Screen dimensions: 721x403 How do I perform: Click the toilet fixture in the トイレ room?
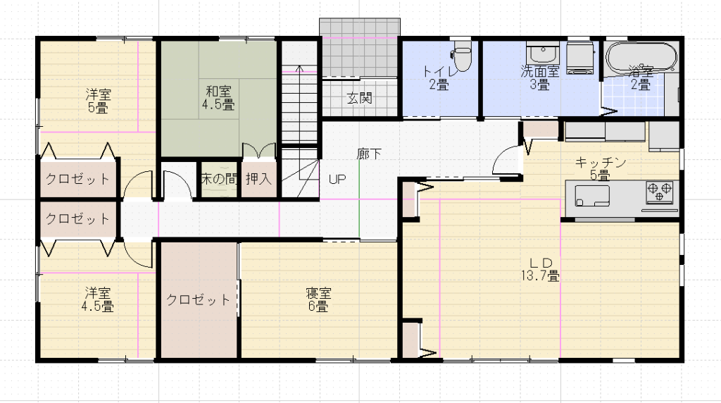tap(463, 56)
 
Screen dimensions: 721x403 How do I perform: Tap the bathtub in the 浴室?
tap(641, 57)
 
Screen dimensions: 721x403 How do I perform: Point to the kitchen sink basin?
tap(591, 196)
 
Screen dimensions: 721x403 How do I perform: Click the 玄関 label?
tap(359, 98)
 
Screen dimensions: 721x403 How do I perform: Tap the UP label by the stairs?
tap(337, 180)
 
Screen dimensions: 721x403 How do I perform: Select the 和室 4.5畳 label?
tap(218, 98)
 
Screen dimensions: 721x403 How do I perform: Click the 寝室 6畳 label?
tap(318, 299)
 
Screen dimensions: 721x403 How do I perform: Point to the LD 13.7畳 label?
tap(540, 270)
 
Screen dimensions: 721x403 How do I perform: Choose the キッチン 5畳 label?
tap(600, 169)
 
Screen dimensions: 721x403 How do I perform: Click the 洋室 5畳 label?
tap(98, 101)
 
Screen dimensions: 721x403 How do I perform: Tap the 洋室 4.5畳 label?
tap(97, 299)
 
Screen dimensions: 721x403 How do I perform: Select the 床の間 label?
tap(220, 179)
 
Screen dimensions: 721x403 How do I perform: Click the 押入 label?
tap(259, 179)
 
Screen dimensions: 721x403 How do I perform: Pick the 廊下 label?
tap(369, 154)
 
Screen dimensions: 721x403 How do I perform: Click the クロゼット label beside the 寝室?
tap(198, 300)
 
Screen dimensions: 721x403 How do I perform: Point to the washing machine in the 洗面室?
tap(580, 58)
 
